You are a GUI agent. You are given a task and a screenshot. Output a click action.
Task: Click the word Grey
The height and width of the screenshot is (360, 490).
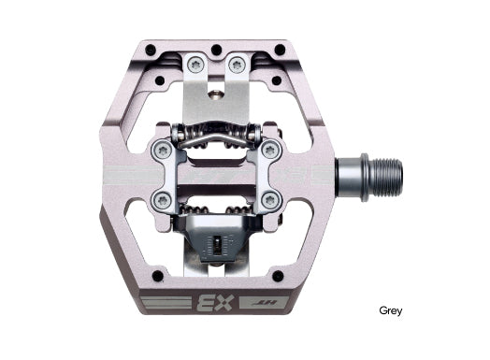pos(390,310)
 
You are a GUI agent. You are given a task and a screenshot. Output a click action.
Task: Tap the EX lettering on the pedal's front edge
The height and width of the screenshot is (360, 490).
pos(216,302)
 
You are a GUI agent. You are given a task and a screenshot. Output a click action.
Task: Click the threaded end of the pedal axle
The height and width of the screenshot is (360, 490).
pos(386,177)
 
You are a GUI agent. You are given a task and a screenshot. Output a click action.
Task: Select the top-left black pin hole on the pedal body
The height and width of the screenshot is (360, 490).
pos(151,50)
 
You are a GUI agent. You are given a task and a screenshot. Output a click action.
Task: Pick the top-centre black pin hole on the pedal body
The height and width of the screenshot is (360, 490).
pos(216,50)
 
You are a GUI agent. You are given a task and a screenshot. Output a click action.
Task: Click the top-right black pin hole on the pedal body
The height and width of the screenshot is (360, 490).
pos(280,49)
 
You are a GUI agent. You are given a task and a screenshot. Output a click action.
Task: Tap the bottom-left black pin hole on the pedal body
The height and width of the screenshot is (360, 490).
pos(157,276)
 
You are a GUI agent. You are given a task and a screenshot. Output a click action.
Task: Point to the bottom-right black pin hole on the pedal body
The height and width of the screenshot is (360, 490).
pos(278,276)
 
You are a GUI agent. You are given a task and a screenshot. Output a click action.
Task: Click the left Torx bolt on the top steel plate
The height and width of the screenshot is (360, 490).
pos(196,65)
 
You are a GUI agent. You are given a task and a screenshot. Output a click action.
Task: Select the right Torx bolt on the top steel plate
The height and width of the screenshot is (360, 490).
pos(238,65)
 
